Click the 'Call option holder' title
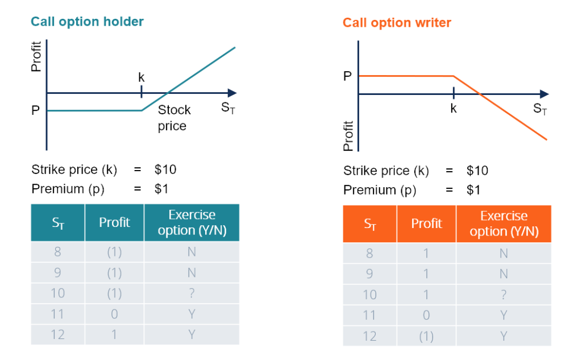click(x=87, y=22)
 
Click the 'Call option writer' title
click(x=396, y=23)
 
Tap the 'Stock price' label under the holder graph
click(x=173, y=118)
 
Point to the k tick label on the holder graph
click(x=141, y=77)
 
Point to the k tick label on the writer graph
click(x=453, y=107)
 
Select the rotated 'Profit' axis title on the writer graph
click(x=349, y=136)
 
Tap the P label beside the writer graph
click(x=347, y=76)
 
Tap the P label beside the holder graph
click(x=35, y=111)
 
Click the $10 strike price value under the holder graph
click(x=165, y=169)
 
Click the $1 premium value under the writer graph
click(x=473, y=189)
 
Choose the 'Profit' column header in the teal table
click(x=114, y=222)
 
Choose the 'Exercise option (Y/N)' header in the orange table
click(x=504, y=224)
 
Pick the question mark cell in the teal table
click(x=192, y=293)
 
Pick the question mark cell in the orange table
click(x=504, y=295)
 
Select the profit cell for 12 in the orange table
click(x=426, y=336)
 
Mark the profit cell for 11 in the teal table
click(x=114, y=314)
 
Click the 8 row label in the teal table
click(x=57, y=252)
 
